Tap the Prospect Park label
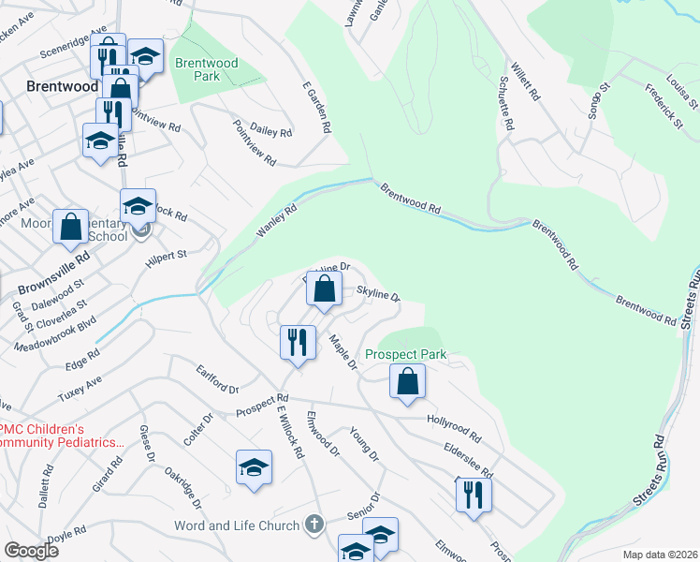click(406, 355)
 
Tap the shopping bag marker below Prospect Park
click(407, 381)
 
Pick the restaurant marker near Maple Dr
click(297, 341)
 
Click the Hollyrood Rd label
click(454, 430)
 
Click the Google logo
click(31, 551)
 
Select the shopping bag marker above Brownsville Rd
click(70, 226)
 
